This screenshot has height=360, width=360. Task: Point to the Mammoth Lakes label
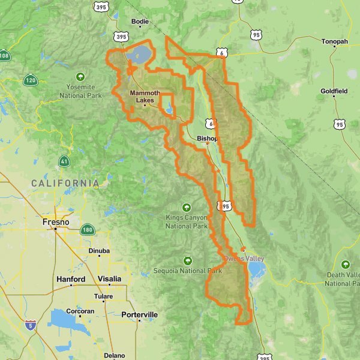click(x=145, y=97)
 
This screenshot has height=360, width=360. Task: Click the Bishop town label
click(x=207, y=138)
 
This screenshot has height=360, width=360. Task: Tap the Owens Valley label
click(x=244, y=259)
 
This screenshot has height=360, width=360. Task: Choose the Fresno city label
click(x=56, y=221)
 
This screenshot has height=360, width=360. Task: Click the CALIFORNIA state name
click(x=65, y=182)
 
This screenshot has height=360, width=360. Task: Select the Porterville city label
click(x=139, y=314)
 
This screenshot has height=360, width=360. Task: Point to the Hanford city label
click(x=71, y=279)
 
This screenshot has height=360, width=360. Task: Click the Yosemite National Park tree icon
click(x=80, y=77)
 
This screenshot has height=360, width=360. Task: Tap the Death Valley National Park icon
click(x=346, y=265)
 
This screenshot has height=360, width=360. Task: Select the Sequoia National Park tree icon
click(x=187, y=260)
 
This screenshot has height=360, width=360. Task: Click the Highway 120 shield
click(x=31, y=79)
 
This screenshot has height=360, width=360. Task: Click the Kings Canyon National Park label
click(x=187, y=221)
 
